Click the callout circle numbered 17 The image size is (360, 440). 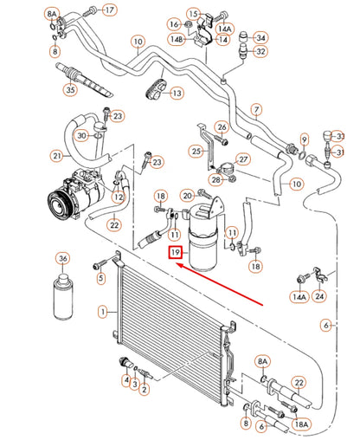[x=109, y=10]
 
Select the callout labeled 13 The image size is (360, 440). [x=176, y=94]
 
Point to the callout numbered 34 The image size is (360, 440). [x=261, y=36]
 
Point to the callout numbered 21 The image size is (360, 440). [x=57, y=156]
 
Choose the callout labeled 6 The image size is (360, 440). [x=327, y=325]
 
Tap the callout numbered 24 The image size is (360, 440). [x=320, y=296]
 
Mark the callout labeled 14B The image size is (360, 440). [x=177, y=40]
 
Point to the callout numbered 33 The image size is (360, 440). [x=339, y=138]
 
